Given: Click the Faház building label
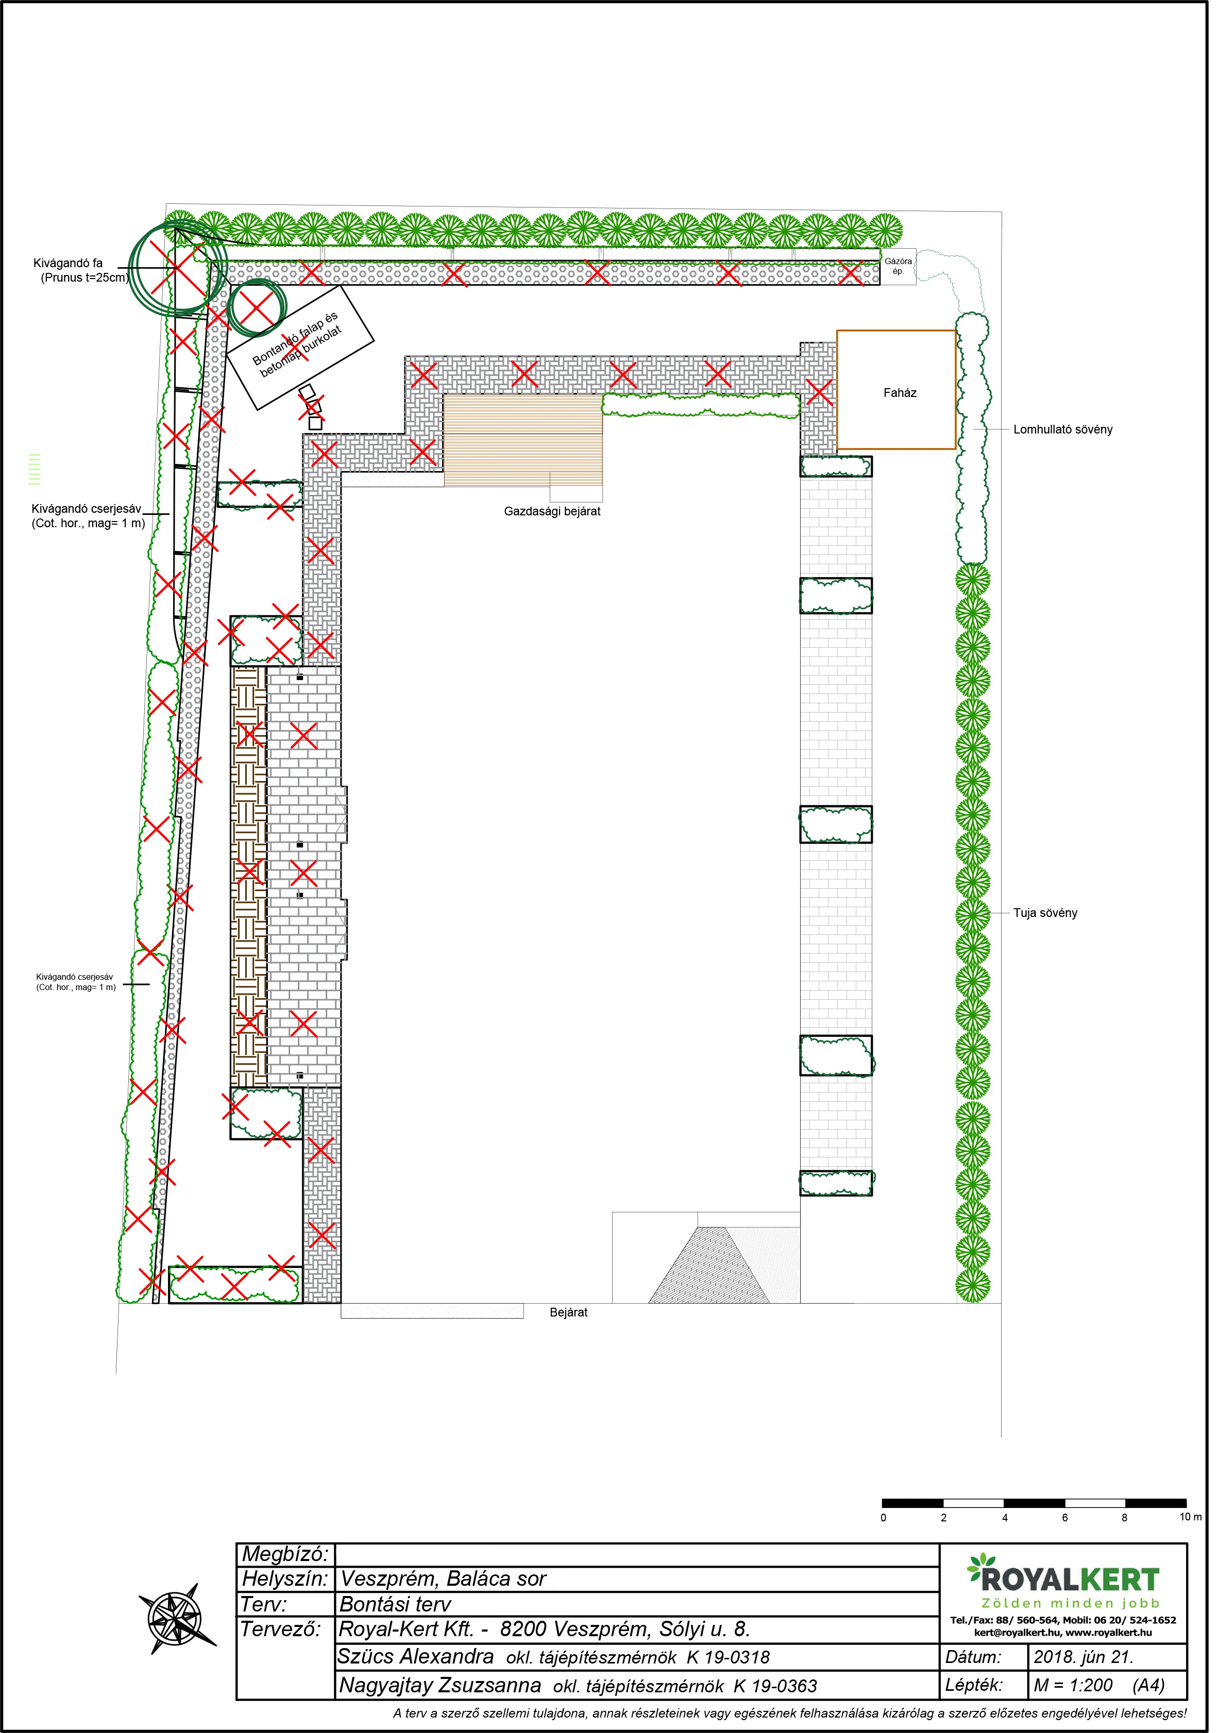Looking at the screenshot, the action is point(906,395).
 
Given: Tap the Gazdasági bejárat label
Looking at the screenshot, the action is point(556,515).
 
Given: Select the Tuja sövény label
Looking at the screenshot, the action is point(1053,920).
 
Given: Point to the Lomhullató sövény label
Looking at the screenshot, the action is point(1070,432).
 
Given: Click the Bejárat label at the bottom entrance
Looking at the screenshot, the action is point(572,1322).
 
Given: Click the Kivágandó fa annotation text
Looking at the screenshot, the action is point(68,265).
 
